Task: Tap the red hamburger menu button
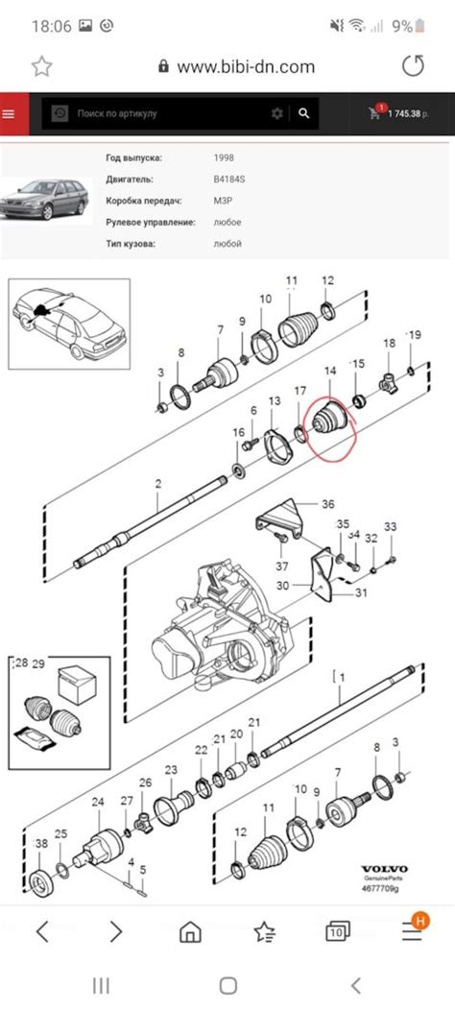[10, 113]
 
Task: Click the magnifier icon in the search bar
[304, 113]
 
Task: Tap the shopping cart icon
[373, 113]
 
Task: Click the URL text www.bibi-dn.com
[246, 66]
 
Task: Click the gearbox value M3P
[223, 201]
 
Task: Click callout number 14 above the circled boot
[330, 371]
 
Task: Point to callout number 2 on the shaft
[159, 487]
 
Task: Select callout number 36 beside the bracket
[327, 504]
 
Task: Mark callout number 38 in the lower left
[41, 843]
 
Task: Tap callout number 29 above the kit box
[39, 664]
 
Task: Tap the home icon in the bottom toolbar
[191, 931]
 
